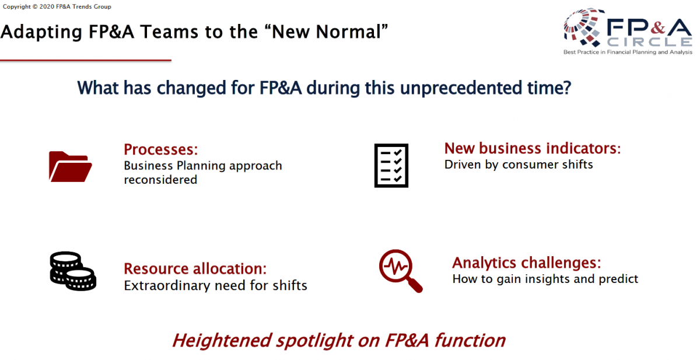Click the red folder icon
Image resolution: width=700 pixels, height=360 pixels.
71,166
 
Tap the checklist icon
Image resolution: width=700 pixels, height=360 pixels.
391,166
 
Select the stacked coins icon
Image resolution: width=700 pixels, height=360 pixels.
73,271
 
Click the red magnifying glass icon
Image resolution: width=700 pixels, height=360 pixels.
401,271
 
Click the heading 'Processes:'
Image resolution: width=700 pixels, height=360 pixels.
161,149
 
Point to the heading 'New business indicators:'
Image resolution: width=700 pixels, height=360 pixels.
533,148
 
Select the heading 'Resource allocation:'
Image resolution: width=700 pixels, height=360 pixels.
195,268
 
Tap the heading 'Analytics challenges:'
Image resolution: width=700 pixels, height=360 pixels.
527,263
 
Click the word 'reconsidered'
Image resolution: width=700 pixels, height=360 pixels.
160,180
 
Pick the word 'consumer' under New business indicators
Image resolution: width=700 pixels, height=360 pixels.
530,165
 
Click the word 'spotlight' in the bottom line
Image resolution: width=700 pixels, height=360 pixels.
314,340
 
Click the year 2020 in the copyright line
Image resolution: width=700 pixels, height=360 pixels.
47,6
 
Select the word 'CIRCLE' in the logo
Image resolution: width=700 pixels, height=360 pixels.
649,42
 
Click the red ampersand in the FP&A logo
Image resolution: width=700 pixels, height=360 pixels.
659,27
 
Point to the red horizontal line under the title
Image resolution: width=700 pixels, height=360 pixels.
86,60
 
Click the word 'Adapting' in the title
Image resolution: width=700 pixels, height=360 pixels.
41,33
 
